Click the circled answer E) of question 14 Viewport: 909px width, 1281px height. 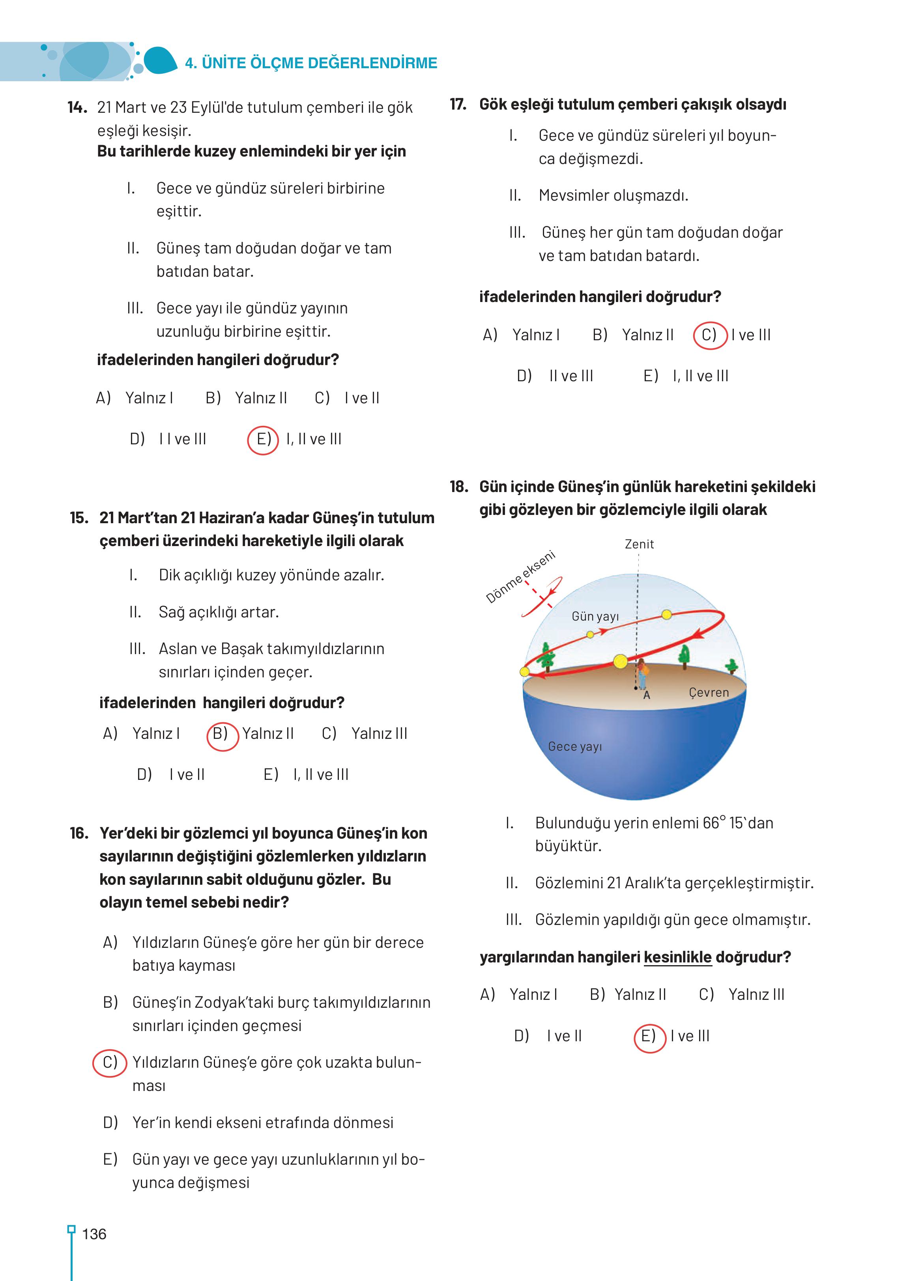[263, 440]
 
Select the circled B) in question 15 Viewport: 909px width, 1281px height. [222, 733]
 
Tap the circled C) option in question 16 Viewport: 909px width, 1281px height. [110, 1062]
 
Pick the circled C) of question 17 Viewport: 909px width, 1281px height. [710, 335]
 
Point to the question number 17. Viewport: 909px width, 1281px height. [458, 104]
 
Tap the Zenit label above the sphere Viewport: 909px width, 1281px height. [639, 544]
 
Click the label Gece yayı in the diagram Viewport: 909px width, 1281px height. [575, 747]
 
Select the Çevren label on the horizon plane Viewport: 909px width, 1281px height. [709, 692]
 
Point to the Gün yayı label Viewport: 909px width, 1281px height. [595, 616]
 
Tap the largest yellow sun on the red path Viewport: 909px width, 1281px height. [620, 662]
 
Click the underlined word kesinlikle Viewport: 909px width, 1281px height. [677, 957]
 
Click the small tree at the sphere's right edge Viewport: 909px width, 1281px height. [731, 666]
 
